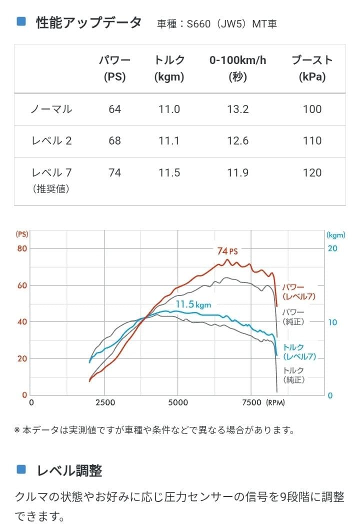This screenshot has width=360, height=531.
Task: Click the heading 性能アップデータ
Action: (x=88, y=23)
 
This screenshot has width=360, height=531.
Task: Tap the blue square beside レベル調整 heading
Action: (x=21, y=469)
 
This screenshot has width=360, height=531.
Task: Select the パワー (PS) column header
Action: (x=114, y=68)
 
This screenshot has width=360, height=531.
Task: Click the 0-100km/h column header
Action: (x=237, y=68)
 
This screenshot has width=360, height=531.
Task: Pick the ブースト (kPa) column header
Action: (x=312, y=68)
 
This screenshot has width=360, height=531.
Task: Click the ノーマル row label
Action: (x=51, y=109)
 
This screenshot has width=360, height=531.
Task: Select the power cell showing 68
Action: (x=114, y=140)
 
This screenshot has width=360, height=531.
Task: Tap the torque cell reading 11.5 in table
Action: (x=169, y=172)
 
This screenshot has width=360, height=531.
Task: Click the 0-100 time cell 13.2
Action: (x=237, y=109)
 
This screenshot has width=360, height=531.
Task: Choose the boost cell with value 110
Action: (x=312, y=140)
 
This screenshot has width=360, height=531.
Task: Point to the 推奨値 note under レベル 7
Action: (x=51, y=189)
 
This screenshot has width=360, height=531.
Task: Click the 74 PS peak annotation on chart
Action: (x=227, y=251)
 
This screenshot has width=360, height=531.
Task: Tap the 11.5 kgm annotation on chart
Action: (x=193, y=304)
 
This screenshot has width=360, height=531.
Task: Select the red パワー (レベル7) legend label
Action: (x=299, y=292)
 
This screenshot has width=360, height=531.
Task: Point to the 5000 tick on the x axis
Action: (x=178, y=402)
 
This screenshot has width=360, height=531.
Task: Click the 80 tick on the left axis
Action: (x=22, y=248)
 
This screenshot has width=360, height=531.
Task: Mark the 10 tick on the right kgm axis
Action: (x=332, y=322)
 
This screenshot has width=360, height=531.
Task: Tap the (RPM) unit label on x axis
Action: (x=275, y=402)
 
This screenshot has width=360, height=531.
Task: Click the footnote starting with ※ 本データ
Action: (x=154, y=429)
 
